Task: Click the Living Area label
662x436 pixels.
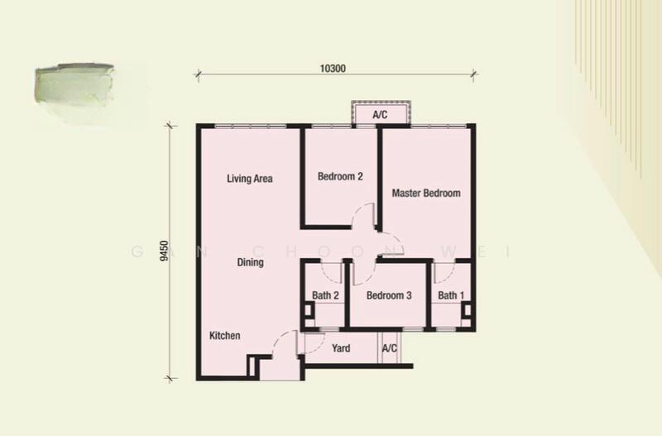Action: pyautogui.click(x=250, y=178)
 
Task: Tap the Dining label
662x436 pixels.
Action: pyautogui.click(x=250, y=263)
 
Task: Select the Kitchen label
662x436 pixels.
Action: pyautogui.click(x=224, y=336)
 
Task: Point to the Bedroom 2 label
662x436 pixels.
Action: pyautogui.click(x=340, y=176)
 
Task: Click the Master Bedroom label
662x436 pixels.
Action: pyautogui.click(x=425, y=194)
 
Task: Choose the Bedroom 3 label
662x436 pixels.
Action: pyautogui.click(x=389, y=295)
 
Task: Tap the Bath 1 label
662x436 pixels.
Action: pyautogui.click(x=450, y=295)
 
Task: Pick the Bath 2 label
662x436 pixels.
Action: pyautogui.click(x=325, y=295)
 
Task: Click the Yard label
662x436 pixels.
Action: pyautogui.click(x=341, y=348)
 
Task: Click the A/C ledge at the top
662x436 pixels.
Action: pyautogui.click(x=381, y=114)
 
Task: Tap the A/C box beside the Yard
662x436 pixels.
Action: pyautogui.click(x=390, y=348)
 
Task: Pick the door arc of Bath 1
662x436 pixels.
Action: pyautogui.click(x=442, y=269)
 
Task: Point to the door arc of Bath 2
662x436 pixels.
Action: pyautogui.click(x=330, y=271)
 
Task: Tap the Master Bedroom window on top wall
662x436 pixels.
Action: pyautogui.click(x=439, y=125)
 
